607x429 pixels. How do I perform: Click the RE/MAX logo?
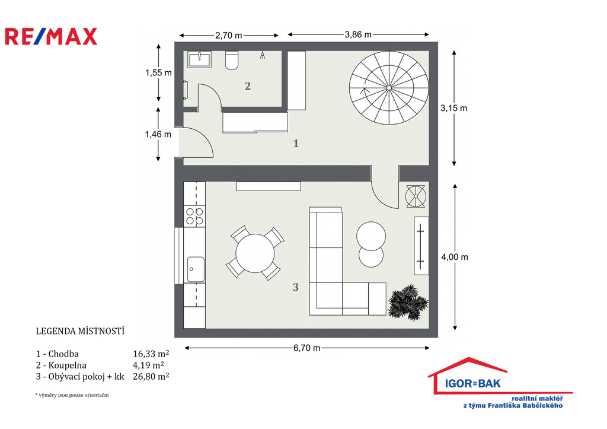click(x=51, y=36)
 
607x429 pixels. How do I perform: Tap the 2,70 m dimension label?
click(x=228, y=35)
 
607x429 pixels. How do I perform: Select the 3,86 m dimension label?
click(x=358, y=34)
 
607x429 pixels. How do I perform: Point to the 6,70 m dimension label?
click(x=306, y=348)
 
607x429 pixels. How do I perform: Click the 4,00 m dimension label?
click(x=455, y=257)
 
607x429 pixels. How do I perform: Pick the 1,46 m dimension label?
click(x=158, y=134)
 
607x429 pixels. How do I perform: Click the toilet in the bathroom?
click(x=232, y=60)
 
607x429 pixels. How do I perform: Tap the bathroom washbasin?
click(x=199, y=60)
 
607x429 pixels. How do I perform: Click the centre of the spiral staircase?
click(x=389, y=88)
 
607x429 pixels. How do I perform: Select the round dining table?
click(x=255, y=253)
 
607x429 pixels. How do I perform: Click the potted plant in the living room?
click(x=408, y=302)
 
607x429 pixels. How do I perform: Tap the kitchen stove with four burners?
click(x=194, y=216)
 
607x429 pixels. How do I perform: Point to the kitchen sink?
click(x=196, y=269)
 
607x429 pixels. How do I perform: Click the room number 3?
click(x=296, y=287)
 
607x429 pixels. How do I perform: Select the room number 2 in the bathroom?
click(x=248, y=86)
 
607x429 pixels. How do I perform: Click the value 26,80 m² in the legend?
click(x=151, y=376)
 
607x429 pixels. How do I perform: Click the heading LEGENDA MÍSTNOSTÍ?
click(x=80, y=331)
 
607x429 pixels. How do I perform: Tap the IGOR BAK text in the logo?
click(x=472, y=384)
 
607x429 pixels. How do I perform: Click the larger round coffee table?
click(x=371, y=236)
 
